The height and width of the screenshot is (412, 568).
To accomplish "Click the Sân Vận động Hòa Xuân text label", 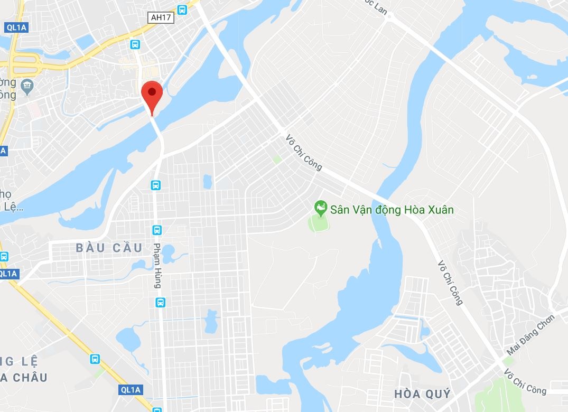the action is pyautogui.click(x=392, y=210).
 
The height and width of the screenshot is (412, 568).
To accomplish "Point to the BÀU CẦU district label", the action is pyautogui.click(x=109, y=248).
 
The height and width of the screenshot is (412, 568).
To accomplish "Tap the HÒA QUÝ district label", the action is pyautogui.click(x=423, y=394).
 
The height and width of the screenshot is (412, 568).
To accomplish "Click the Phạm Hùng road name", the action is pyautogui.click(x=157, y=265).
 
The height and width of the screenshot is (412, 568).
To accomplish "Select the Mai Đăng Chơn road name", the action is pyautogui.click(x=530, y=335).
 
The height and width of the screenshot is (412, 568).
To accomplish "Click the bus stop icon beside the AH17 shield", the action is pyautogui.click(x=182, y=9).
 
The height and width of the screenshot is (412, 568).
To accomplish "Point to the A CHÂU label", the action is pyautogui.click(x=24, y=378).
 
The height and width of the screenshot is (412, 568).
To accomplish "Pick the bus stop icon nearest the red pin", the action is pyautogui.click(x=135, y=44).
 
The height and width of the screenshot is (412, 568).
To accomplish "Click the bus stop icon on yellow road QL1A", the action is pyautogui.click(x=95, y=359).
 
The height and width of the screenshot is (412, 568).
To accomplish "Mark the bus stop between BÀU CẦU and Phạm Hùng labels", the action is pyautogui.click(x=157, y=230).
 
